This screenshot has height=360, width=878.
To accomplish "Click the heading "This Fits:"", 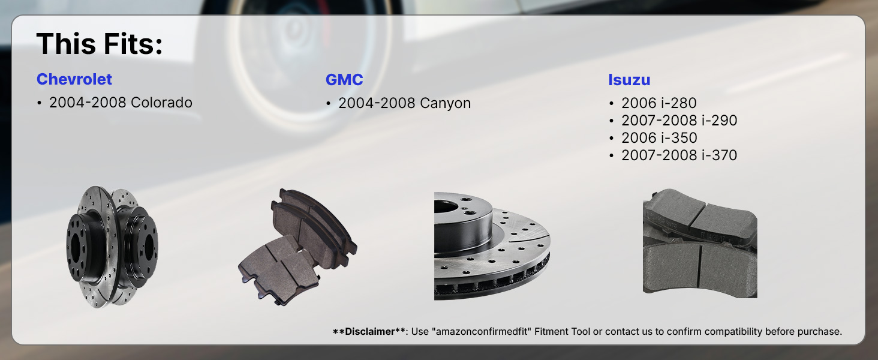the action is coord(99,44).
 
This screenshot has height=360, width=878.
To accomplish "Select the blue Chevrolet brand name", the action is coord(74,79).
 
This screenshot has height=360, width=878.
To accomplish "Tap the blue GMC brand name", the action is coord(344,80).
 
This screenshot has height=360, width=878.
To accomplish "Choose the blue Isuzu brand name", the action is coord(629,80).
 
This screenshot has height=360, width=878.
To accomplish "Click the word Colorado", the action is coord(161,103).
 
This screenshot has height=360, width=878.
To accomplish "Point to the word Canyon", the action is coord(445,103).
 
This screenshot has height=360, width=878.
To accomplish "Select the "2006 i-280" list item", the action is coord(659,103).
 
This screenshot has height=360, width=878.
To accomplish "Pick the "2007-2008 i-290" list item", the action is coord(679,121).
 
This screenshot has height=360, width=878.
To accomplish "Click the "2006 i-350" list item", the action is coord(659,137).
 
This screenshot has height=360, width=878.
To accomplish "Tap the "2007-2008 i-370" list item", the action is coord(679,155).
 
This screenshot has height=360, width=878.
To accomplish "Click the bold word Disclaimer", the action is coord(369,331).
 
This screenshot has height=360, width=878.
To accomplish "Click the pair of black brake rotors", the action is coord(113,247).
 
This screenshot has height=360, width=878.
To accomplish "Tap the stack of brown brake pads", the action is coord(297,247).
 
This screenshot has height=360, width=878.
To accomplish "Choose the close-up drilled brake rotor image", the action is coord(492,246).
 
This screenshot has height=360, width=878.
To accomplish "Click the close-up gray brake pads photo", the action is coord(700,244).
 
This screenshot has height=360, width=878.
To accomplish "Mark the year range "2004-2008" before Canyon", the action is coord(377,103).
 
